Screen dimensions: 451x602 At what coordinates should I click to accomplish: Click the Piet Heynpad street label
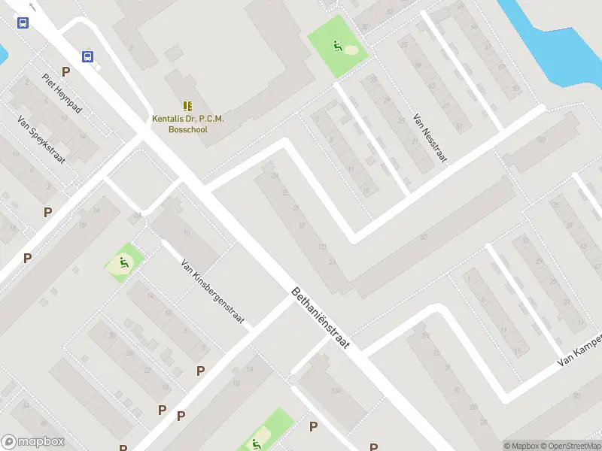[x=62, y=94]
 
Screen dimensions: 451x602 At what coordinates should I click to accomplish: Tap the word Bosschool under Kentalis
[x=188, y=129]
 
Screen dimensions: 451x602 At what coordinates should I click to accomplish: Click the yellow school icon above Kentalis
[x=187, y=107]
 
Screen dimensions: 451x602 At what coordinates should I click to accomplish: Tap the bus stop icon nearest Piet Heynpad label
[x=88, y=56]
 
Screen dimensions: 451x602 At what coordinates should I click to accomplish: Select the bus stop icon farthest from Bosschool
[x=23, y=23]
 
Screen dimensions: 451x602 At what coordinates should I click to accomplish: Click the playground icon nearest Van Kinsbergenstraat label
[x=123, y=264]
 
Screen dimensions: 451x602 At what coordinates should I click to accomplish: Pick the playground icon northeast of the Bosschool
[x=338, y=47]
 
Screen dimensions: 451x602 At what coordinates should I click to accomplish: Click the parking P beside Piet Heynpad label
[x=66, y=72]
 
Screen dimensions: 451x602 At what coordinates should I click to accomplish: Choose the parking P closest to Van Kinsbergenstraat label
[x=200, y=371]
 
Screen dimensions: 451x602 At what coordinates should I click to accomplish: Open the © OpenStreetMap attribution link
[x=570, y=446]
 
